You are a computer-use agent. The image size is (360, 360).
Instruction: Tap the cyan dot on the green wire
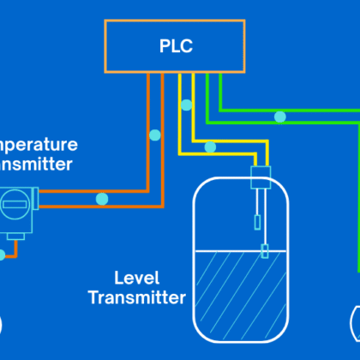(279, 116)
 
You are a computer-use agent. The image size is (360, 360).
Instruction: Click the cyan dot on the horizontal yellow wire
(210, 147)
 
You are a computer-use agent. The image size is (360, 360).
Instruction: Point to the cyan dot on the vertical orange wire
(154, 135)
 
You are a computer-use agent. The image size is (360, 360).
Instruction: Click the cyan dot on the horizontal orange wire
(102, 199)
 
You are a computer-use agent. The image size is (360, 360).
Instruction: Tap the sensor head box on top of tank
(261, 177)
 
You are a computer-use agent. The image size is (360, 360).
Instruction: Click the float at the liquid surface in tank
(264, 251)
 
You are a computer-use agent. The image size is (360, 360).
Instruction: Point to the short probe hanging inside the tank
(260, 225)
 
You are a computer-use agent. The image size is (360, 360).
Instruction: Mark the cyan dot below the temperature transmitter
(3, 255)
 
